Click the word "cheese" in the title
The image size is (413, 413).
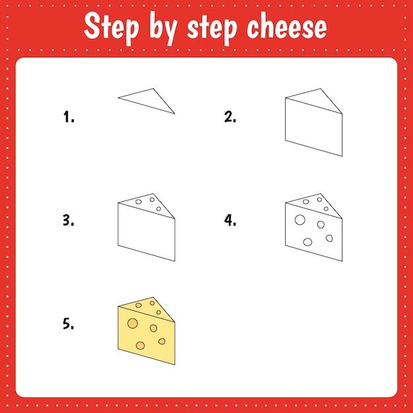(x=286, y=27)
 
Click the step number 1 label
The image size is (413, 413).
(x=69, y=117)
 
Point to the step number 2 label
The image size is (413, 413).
(x=230, y=117)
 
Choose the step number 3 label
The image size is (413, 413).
(x=69, y=221)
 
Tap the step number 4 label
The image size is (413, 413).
(x=230, y=221)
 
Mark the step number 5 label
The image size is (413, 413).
(x=69, y=324)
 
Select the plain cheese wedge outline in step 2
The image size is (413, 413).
(x=313, y=125)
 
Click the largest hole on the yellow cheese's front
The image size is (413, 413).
(x=132, y=323)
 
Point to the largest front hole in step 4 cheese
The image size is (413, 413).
(x=300, y=220)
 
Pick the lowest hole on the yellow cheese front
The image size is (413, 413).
(x=141, y=345)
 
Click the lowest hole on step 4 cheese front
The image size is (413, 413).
(x=307, y=241)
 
